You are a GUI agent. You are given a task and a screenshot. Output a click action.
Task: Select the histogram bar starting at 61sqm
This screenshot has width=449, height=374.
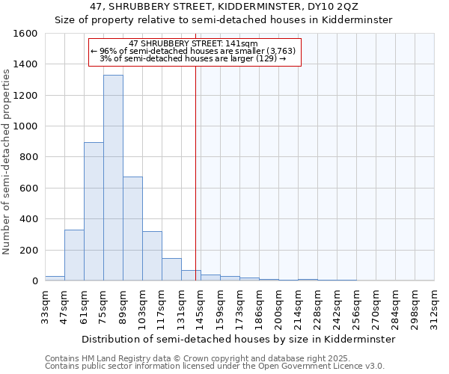[94, 212]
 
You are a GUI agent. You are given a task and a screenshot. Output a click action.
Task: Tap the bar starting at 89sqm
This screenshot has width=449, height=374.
[132, 229]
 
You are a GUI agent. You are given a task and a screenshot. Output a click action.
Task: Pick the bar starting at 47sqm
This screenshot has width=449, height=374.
[74, 255]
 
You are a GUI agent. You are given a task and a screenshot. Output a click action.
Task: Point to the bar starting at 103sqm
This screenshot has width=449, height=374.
[152, 256]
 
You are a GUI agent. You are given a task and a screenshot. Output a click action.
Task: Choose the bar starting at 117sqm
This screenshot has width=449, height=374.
[171, 269]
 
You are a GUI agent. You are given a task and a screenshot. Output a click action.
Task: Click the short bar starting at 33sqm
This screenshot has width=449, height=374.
[55, 278]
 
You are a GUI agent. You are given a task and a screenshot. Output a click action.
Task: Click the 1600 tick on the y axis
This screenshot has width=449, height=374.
[25, 34]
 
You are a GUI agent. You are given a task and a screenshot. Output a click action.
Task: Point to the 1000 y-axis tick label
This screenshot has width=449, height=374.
[25, 126]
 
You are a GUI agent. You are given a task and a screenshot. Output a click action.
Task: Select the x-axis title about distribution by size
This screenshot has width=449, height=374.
[238, 339]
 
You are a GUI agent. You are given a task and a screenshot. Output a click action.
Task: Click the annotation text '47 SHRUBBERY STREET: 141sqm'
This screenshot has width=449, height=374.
[193, 43]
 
